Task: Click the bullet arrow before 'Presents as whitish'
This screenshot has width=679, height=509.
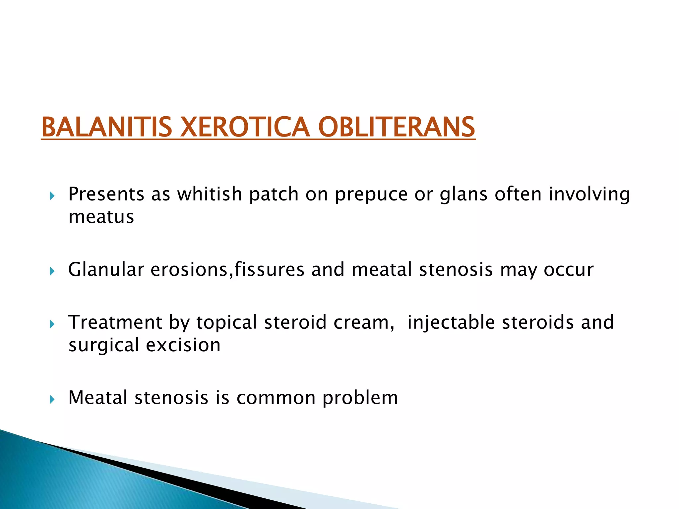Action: click(52, 196)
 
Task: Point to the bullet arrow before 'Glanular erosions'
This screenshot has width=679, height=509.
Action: click(52, 272)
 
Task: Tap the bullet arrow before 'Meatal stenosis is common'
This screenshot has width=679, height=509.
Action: click(52, 400)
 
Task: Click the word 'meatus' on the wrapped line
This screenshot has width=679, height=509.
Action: click(101, 217)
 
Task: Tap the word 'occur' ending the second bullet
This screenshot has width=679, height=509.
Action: click(568, 270)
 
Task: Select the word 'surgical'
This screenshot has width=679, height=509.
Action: click(103, 346)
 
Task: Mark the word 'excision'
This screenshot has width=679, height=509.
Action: click(183, 345)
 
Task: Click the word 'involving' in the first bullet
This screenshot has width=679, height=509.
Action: click(589, 195)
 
